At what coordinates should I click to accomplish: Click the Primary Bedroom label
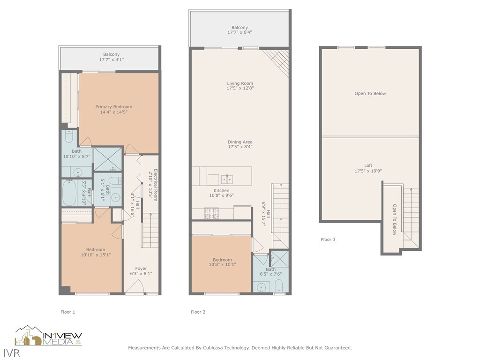coord(114,107)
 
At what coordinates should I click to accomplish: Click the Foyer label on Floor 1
coord(141,269)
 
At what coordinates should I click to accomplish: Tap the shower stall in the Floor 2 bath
coord(280,258)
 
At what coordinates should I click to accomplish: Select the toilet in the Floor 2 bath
coord(279,285)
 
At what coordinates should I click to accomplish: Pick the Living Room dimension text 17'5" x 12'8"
coord(240,88)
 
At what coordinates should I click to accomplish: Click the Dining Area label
coord(240,142)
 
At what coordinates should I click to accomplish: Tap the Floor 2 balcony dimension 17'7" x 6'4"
coord(240,32)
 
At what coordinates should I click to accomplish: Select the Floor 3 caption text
coord(328,240)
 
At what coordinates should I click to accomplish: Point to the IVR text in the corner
coord(9,351)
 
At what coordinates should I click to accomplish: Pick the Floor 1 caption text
coord(67,312)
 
